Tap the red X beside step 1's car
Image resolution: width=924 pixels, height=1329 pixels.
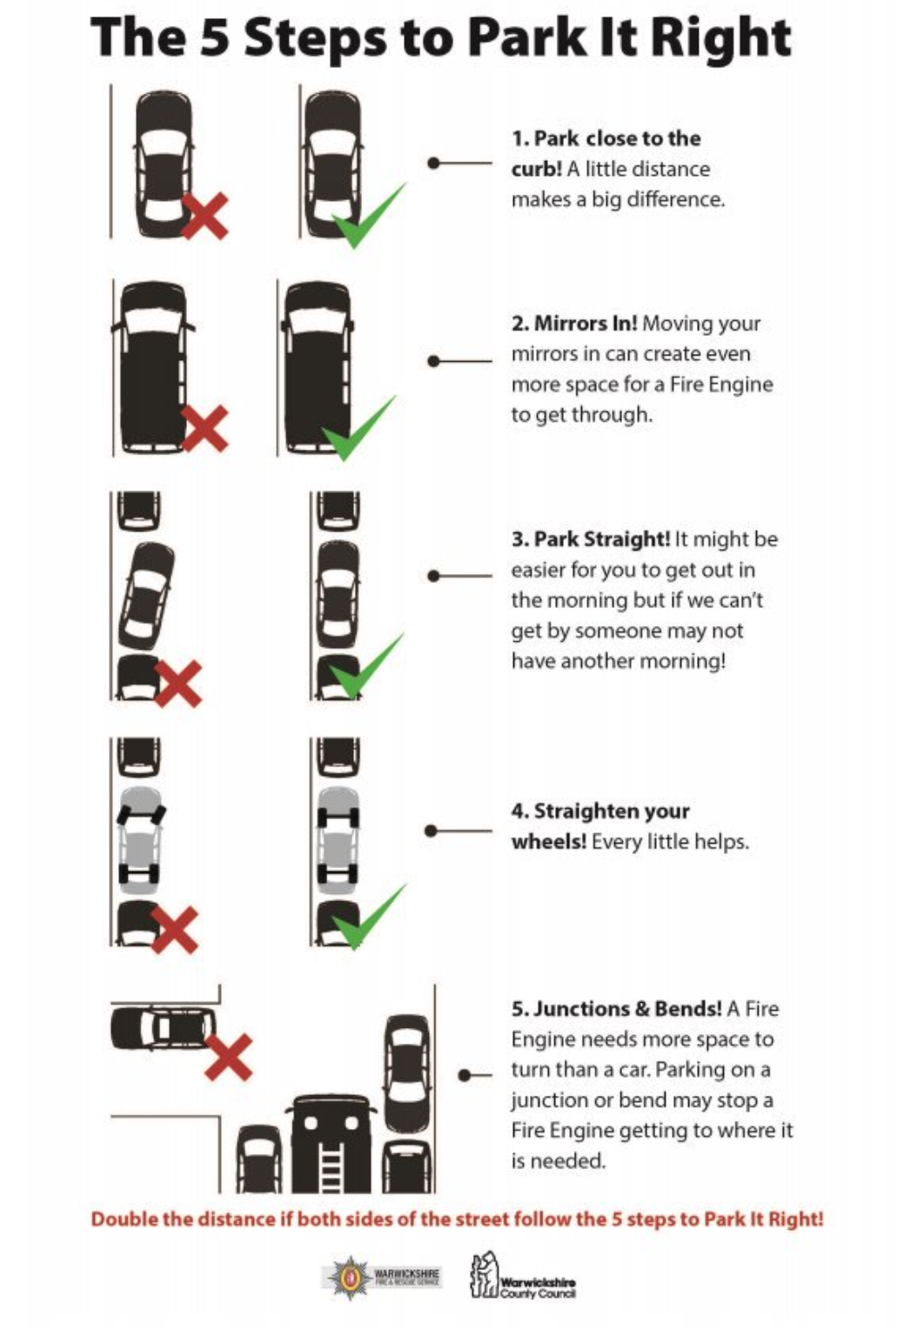205,215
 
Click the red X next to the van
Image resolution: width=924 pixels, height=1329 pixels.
205,428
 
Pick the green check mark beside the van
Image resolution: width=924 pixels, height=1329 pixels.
358,429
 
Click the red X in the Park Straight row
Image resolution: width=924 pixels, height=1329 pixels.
179,682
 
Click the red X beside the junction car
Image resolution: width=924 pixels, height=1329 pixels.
228,1057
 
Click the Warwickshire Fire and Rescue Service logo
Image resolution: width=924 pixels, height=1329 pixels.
383,1277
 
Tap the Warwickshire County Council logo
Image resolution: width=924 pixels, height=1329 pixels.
523,1277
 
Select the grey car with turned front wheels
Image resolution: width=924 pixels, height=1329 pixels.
140,841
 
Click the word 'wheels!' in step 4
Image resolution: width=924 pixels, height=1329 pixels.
548,842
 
